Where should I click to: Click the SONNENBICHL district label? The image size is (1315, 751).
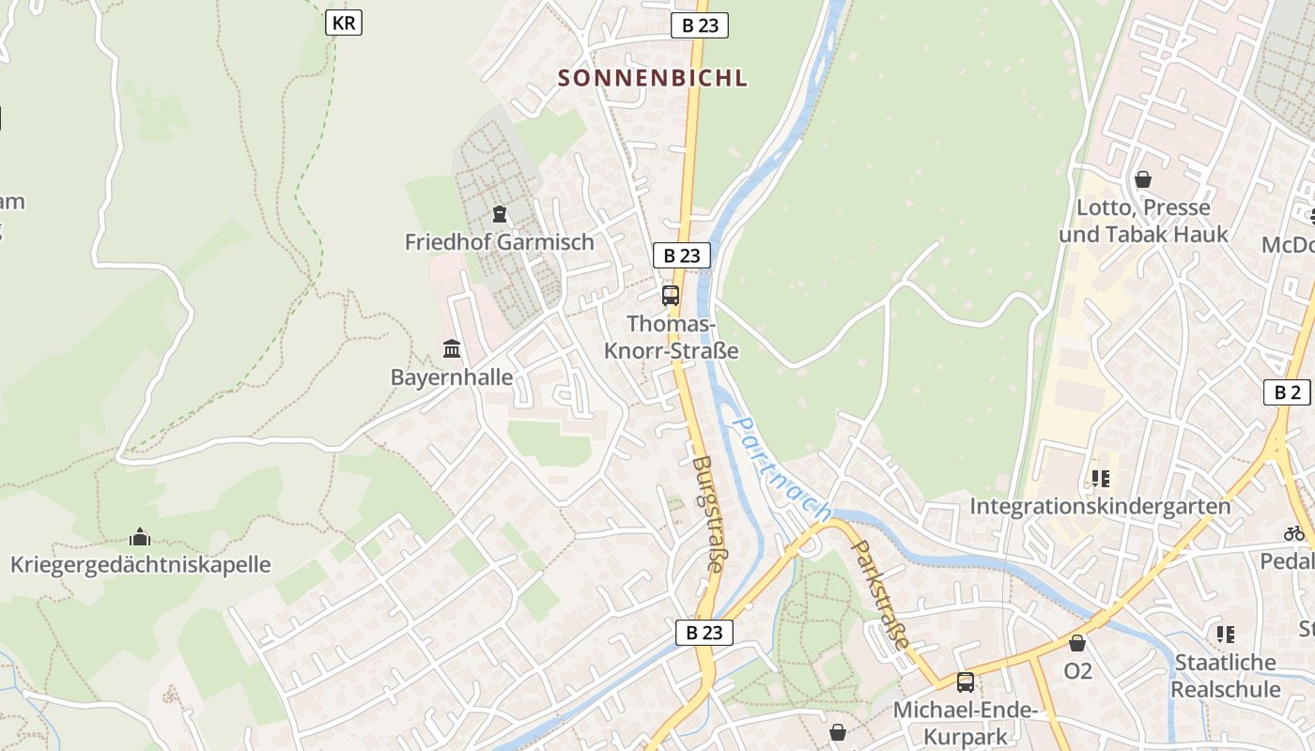pyautogui.click(x=653, y=78)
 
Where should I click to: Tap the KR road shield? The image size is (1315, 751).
pyautogui.click(x=344, y=23)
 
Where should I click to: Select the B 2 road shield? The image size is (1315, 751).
pyautogui.click(x=1287, y=392)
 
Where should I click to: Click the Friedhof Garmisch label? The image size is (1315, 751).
pyautogui.click(x=499, y=241)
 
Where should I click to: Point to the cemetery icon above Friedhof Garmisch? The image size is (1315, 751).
pyautogui.click(x=499, y=215)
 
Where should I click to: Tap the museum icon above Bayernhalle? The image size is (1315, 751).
pyautogui.click(x=452, y=349)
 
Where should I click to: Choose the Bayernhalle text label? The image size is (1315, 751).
pyautogui.click(x=452, y=377)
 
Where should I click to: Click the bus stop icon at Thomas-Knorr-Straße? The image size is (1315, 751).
pyautogui.click(x=671, y=296)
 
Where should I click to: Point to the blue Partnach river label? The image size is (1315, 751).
pyautogui.click(x=780, y=469)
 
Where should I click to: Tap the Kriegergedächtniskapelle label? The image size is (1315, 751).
pyautogui.click(x=140, y=564)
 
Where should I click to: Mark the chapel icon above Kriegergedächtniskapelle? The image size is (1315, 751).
pyautogui.click(x=140, y=537)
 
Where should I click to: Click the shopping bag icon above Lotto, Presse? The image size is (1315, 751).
pyautogui.click(x=1143, y=178)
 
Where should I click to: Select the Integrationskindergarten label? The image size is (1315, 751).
pyautogui.click(x=1100, y=506)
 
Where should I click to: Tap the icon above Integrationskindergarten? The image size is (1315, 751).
pyautogui.click(x=1100, y=479)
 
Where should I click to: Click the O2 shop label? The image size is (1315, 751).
pyautogui.click(x=1077, y=671)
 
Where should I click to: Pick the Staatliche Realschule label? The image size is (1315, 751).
pyautogui.click(x=1226, y=675)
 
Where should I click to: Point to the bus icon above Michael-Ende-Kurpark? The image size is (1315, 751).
pyautogui.click(x=965, y=682)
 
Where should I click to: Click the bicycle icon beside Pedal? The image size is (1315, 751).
pyautogui.click(x=1294, y=533)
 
